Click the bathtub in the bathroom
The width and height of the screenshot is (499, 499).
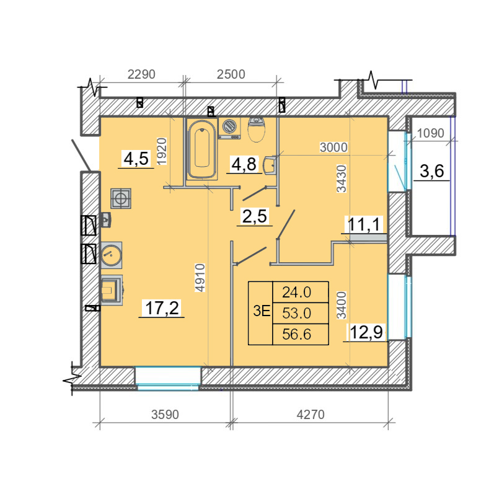coord(202,149)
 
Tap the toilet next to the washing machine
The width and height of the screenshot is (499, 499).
coord(257,129)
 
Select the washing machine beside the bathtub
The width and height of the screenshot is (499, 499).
coord(229,128)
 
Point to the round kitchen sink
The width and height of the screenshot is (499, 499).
coord(112,255)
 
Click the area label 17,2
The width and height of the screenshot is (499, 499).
coord(162,307)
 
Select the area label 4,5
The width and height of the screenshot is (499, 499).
coord(136,159)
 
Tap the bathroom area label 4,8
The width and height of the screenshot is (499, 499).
coord(244,164)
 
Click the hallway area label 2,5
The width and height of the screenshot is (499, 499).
coord(255,216)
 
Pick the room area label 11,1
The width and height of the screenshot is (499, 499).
coord(364,224)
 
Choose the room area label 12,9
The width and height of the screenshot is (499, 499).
coord(366,332)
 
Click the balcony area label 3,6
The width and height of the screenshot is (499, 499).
coord(432,171)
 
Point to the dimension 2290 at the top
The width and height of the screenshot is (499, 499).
coord(141,74)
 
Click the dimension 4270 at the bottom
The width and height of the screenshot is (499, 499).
coord(311,415)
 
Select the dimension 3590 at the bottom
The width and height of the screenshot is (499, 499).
coord(165,415)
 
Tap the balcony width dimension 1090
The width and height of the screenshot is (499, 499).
coord(430,133)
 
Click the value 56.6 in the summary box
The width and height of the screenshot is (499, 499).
coord(296,334)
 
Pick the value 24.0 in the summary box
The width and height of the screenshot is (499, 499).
coord(296,292)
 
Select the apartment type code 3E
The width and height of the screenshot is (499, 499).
coord(262,311)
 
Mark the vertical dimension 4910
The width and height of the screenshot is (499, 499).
coord(200,278)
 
